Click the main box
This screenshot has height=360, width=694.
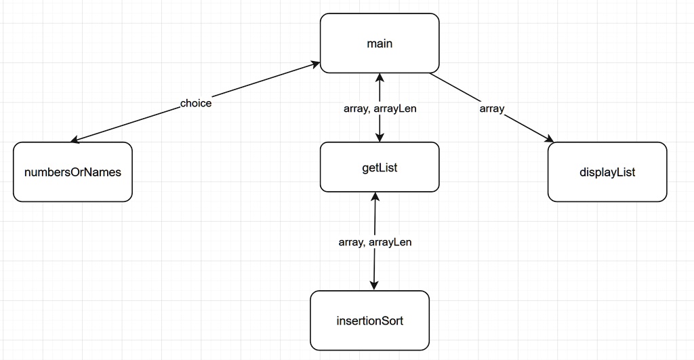point(380,43)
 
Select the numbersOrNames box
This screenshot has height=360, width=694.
point(73,172)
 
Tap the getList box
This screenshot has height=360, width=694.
point(380,167)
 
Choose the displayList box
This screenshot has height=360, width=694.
point(607,172)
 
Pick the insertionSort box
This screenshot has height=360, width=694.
point(369,320)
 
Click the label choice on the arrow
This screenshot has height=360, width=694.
point(196,104)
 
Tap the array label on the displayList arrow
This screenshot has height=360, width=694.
point(491,108)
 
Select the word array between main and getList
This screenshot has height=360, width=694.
point(356,108)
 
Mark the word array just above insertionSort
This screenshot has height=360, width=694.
point(352,242)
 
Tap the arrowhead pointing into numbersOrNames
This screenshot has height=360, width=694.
point(75,140)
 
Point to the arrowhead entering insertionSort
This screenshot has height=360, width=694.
point(374,286)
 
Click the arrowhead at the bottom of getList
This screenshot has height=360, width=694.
point(373,197)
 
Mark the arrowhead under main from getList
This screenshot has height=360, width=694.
point(380,77)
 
